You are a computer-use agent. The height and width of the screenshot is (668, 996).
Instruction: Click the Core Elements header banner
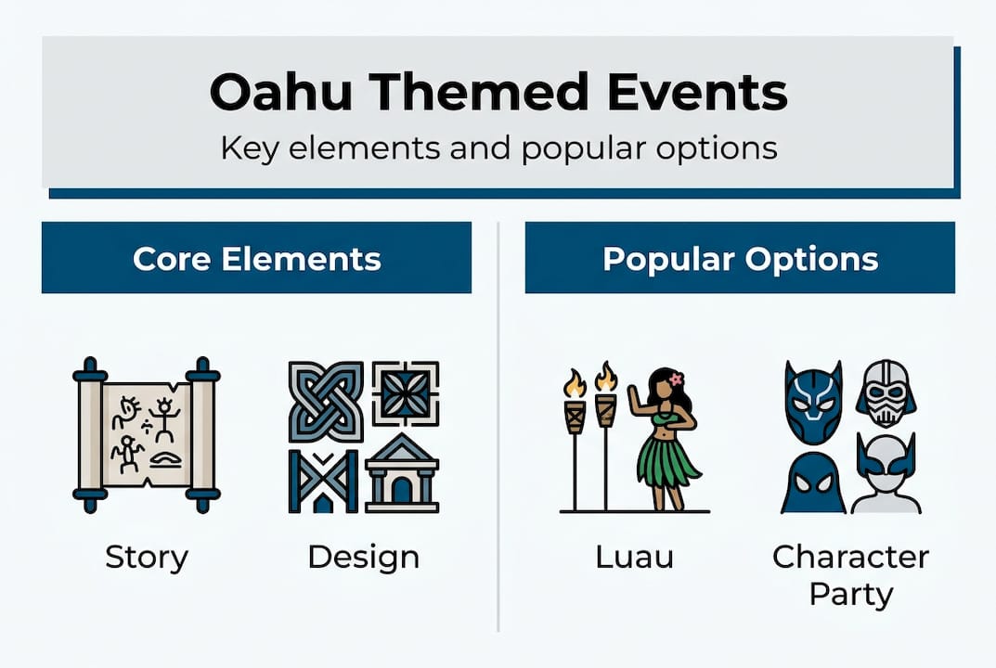(x=256, y=258)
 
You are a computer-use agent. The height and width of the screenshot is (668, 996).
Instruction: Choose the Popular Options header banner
(x=740, y=258)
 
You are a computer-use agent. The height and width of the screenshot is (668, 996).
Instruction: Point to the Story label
(x=147, y=558)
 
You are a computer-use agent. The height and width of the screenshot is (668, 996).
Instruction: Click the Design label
(x=363, y=558)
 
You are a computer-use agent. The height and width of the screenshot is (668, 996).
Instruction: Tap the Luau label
(x=635, y=558)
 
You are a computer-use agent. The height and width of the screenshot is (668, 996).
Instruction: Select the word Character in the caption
(x=850, y=558)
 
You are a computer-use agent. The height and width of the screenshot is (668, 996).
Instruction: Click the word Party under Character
(x=850, y=593)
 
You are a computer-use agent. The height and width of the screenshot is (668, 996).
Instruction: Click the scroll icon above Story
(x=147, y=434)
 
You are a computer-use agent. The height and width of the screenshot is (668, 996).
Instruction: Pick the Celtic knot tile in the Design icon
(x=325, y=401)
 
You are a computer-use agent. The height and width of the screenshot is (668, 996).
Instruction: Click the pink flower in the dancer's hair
(x=676, y=379)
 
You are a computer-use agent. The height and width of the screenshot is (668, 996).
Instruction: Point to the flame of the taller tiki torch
(x=605, y=377)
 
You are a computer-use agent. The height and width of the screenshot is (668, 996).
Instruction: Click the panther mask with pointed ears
(x=812, y=402)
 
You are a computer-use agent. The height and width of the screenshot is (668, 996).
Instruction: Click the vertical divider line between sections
(x=498, y=427)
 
